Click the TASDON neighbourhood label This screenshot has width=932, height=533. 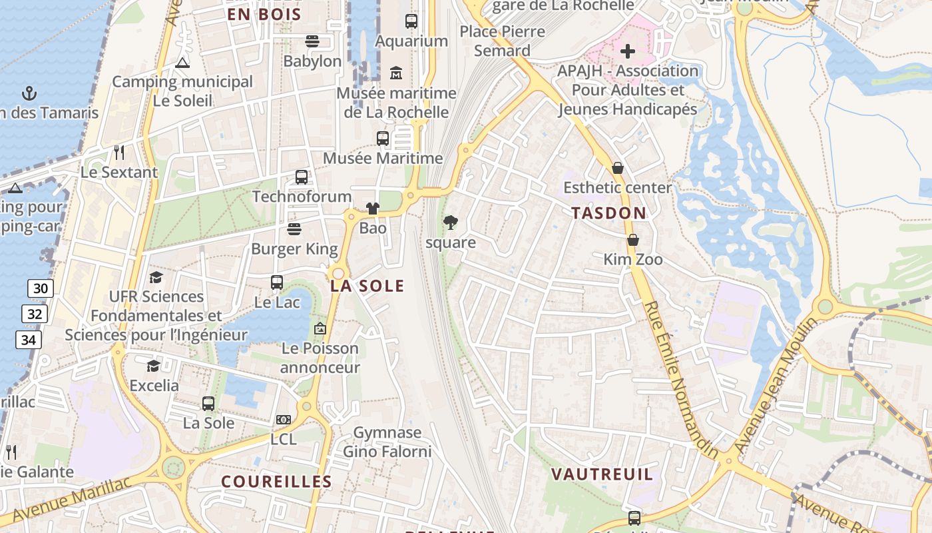click(x=608, y=213)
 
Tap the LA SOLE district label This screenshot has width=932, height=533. click(x=367, y=286)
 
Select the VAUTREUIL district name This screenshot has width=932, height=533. click(x=602, y=474)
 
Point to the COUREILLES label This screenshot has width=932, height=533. click(x=276, y=482)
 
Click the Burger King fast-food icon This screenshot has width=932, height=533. click(x=294, y=229)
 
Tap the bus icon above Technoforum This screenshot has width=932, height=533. click(x=302, y=177)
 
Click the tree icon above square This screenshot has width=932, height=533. click(x=451, y=223)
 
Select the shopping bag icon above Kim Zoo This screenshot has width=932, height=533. click(x=632, y=240)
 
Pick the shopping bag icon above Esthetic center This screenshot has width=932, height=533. click(x=618, y=168)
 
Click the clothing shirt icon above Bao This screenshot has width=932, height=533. click(x=372, y=209)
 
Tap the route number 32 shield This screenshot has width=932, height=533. click(x=34, y=314)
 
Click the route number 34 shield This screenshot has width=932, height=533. click(x=29, y=340)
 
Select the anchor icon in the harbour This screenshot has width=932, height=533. click(x=29, y=93)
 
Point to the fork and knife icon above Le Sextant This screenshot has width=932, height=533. click(x=119, y=153)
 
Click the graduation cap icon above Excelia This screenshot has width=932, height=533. click(x=154, y=366)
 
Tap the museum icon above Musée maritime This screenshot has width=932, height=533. click(x=396, y=72)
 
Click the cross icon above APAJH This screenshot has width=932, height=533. click(x=627, y=51)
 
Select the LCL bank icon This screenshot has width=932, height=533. click(x=284, y=420)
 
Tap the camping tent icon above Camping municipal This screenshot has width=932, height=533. click(x=182, y=63)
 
